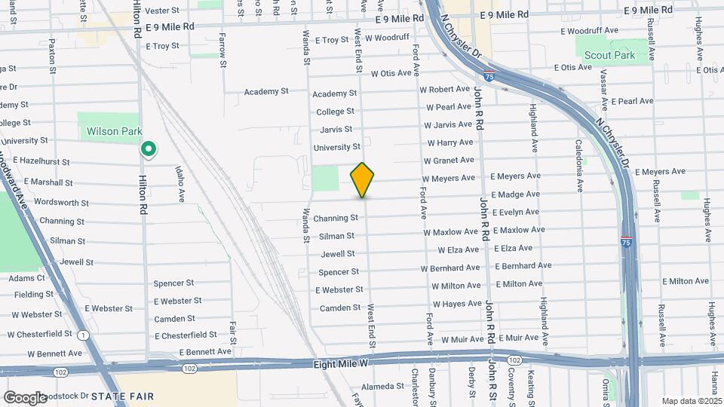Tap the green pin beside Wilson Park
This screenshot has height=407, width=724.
click(149, 149)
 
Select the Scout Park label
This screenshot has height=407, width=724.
click(609, 55)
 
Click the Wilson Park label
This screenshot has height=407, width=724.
click(114, 131)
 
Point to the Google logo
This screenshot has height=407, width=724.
click(25, 397)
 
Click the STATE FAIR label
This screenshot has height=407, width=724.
click(122, 396)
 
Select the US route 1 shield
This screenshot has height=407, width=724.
click(81, 334)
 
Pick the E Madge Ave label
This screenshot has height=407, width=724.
click(515, 194)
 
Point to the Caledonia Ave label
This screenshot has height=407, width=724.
click(579, 164)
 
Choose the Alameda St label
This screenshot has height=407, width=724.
click(383, 386)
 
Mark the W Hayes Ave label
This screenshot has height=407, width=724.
click(456, 304)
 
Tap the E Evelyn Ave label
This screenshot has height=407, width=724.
click(515, 213)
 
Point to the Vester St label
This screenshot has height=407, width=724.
click(162, 11)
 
